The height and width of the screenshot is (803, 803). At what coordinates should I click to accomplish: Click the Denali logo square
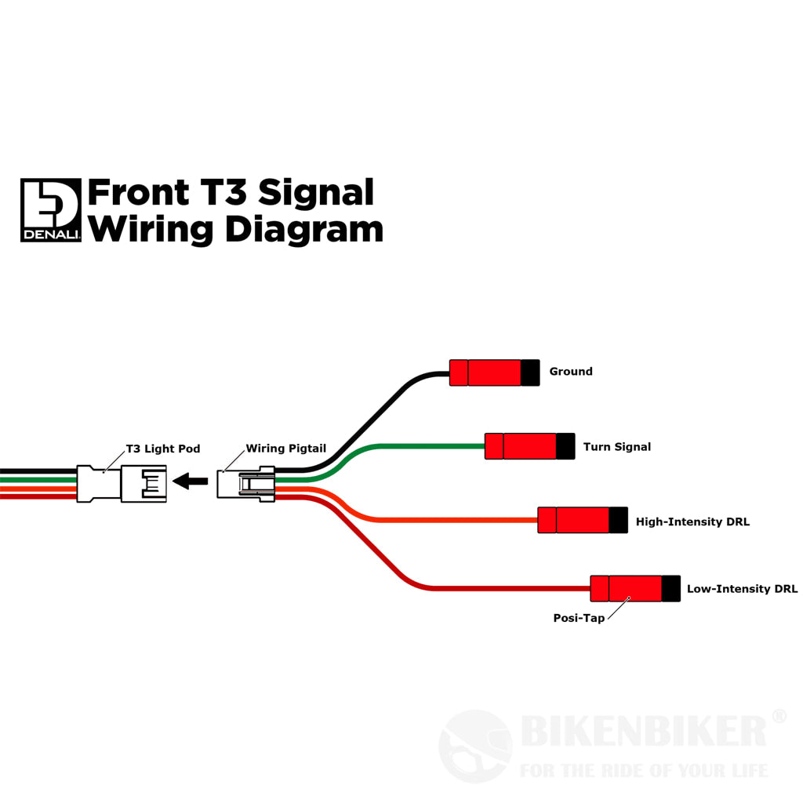click(x=51, y=210)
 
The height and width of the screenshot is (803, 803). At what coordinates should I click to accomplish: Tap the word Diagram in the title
click(x=303, y=229)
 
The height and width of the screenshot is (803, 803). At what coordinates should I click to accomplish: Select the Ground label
click(x=570, y=372)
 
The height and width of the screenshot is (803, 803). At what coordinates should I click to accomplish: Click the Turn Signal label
click(x=616, y=447)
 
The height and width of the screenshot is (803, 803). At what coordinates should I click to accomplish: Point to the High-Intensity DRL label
click(x=692, y=521)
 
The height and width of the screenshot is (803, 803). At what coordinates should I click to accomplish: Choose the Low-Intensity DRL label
click(x=742, y=589)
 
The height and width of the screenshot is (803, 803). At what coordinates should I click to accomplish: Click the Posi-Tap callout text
click(x=579, y=618)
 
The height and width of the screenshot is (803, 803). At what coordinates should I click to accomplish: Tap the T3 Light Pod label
click(x=163, y=449)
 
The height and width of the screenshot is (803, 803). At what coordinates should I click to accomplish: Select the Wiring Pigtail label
click(x=285, y=449)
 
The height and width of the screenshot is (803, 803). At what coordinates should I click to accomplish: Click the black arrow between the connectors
click(x=190, y=481)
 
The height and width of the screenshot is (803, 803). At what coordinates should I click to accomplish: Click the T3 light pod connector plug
click(x=122, y=484)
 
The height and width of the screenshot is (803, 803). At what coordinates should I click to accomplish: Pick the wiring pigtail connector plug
click(x=245, y=484)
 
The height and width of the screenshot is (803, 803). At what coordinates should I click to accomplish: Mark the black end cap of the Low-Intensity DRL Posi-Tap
click(x=670, y=588)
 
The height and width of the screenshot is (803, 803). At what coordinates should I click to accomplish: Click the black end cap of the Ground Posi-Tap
click(x=530, y=372)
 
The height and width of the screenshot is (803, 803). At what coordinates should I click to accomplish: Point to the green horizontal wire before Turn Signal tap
click(x=431, y=446)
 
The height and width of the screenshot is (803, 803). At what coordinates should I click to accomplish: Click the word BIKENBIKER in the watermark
click(x=643, y=732)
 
